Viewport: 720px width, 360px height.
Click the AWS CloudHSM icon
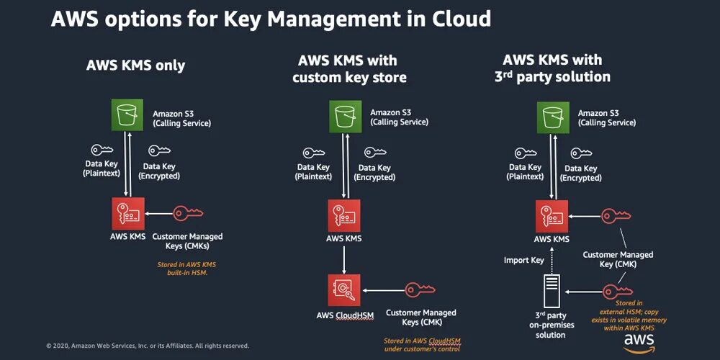tap(343, 289)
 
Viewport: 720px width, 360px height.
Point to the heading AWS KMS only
tap(135, 66)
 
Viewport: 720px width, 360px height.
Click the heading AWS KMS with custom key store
tap(349, 68)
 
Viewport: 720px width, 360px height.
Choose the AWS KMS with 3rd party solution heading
tap(552, 68)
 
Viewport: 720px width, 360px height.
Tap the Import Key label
tap(523, 260)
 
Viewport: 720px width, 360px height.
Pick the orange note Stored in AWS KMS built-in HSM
tap(186, 269)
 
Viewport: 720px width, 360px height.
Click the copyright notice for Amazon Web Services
tap(148, 346)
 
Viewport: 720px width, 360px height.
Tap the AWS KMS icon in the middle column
tap(343, 215)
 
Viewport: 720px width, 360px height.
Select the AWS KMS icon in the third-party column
tap(552, 215)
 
